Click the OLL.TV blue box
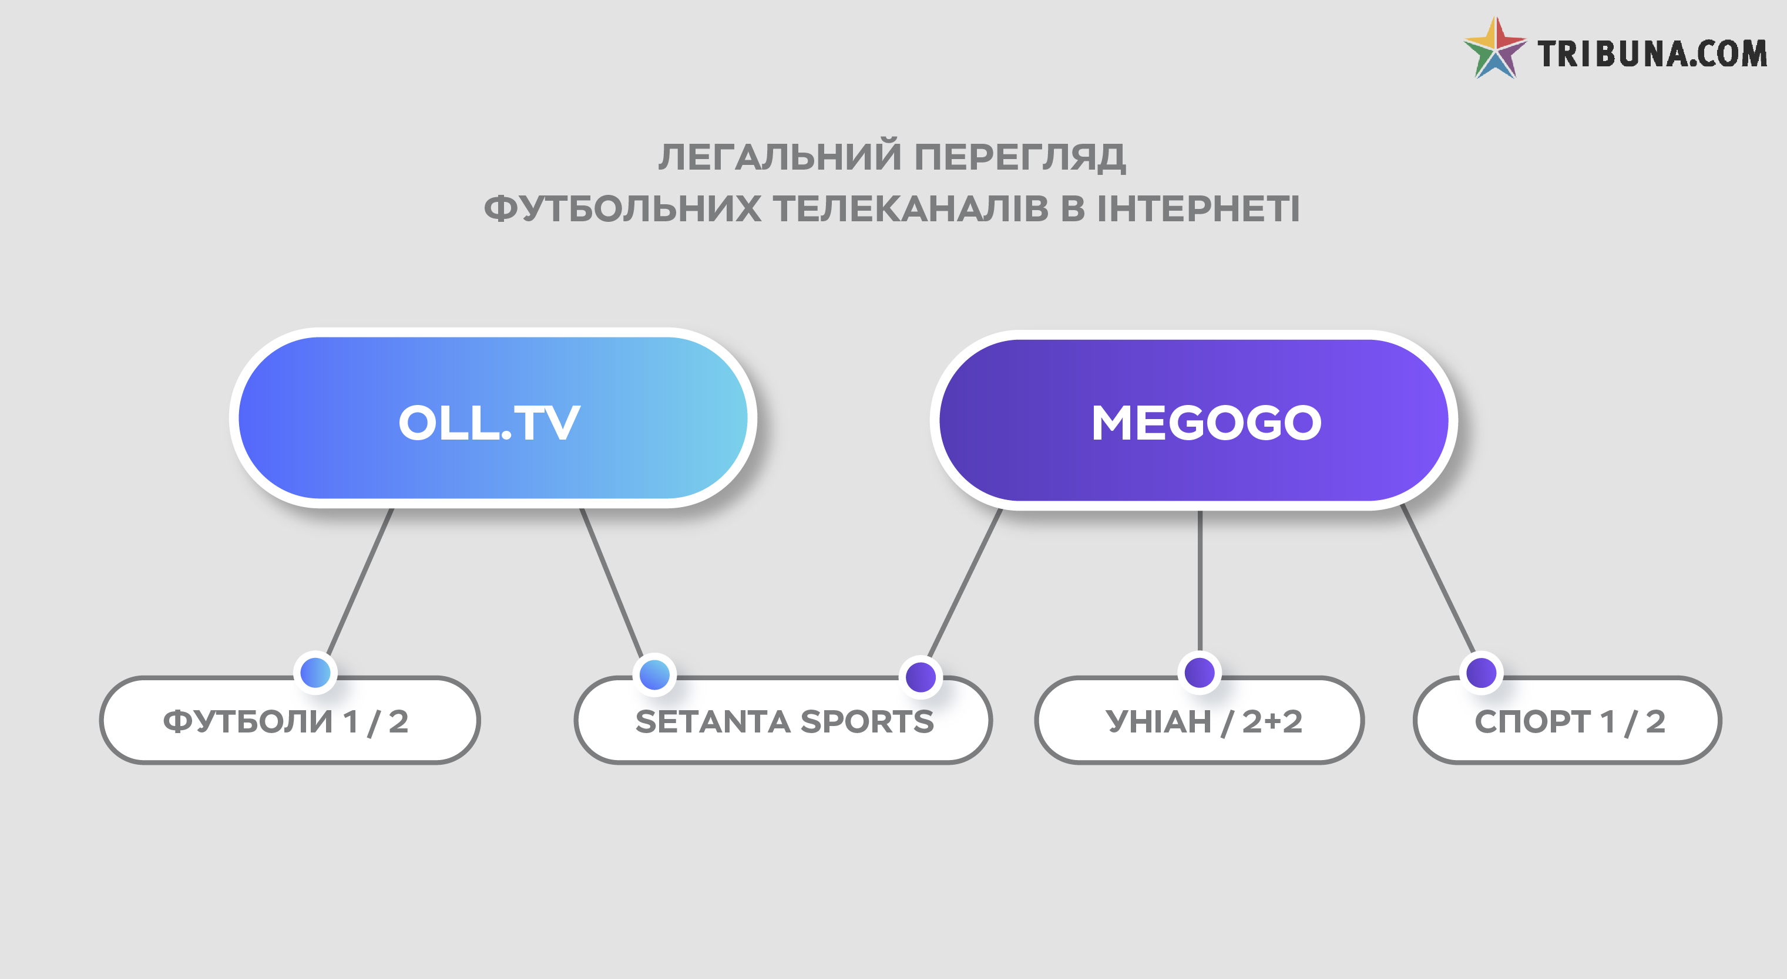[492, 418]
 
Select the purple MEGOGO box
[1193, 420]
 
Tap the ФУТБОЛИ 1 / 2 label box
[290, 720]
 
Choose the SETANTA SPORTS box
[783, 720]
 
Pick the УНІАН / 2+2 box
[1200, 720]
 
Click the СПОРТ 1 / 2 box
[1567, 720]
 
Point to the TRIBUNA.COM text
[1652, 54]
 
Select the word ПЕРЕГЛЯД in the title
[1020, 157]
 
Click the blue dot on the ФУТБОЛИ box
[315, 673]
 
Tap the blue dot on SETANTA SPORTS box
[654, 674]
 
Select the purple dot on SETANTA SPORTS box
[921, 677]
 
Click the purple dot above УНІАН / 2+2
[1200, 673]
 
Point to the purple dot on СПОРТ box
[1481, 673]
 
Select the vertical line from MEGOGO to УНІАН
[1200, 581]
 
